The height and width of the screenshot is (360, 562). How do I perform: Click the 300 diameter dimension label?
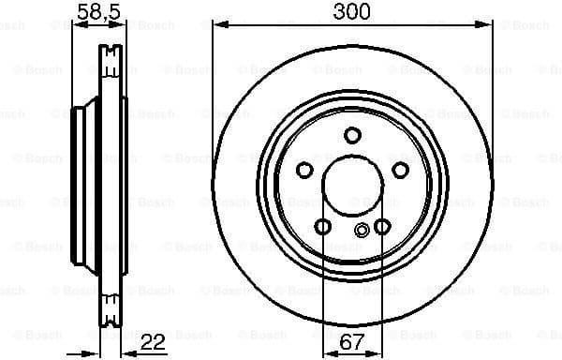[x=351, y=11]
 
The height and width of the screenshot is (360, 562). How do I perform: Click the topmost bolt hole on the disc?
[x=352, y=135]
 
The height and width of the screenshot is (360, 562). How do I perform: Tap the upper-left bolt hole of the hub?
[x=304, y=170]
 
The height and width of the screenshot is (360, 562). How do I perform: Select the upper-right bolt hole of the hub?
[x=400, y=170]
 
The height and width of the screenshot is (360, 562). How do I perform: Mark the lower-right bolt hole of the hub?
[x=381, y=226]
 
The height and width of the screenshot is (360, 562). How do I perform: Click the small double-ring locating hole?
[x=362, y=232]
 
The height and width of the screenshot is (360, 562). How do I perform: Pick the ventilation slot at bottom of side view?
[x=111, y=304]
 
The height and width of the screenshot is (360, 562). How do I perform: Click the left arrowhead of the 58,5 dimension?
[x=76, y=24]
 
